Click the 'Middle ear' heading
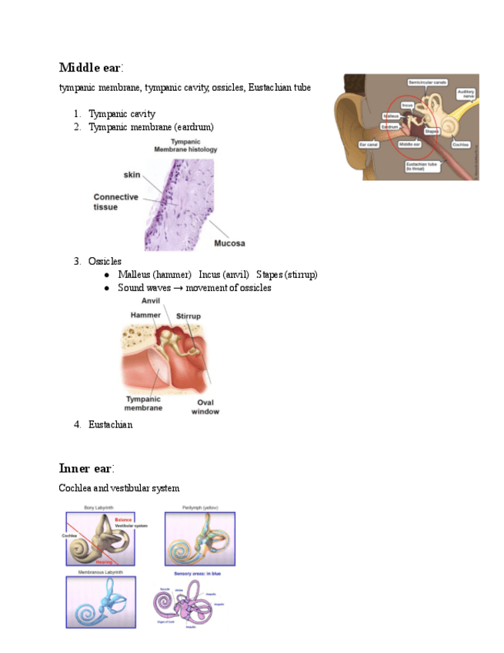(x=85, y=67)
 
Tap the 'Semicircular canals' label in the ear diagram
(x=429, y=82)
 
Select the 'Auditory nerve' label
(x=466, y=94)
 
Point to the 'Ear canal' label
(x=369, y=144)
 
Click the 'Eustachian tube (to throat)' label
(x=424, y=166)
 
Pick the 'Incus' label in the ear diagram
(x=408, y=105)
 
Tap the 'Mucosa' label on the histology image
(x=229, y=243)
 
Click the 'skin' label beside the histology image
(x=132, y=175)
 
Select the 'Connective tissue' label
(x=115, y=202)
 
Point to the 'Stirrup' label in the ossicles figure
(x=188, y=316)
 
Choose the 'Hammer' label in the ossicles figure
(x=145, y=315)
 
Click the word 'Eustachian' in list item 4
(x=110, y=424)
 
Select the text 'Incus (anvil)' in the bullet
(x=223, y=275)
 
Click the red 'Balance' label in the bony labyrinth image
(x=123, y=520)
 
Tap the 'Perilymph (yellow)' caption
(x=200, y=508)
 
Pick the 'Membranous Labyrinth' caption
(x=101, y=573)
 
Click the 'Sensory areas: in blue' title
(x=199, y=574)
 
